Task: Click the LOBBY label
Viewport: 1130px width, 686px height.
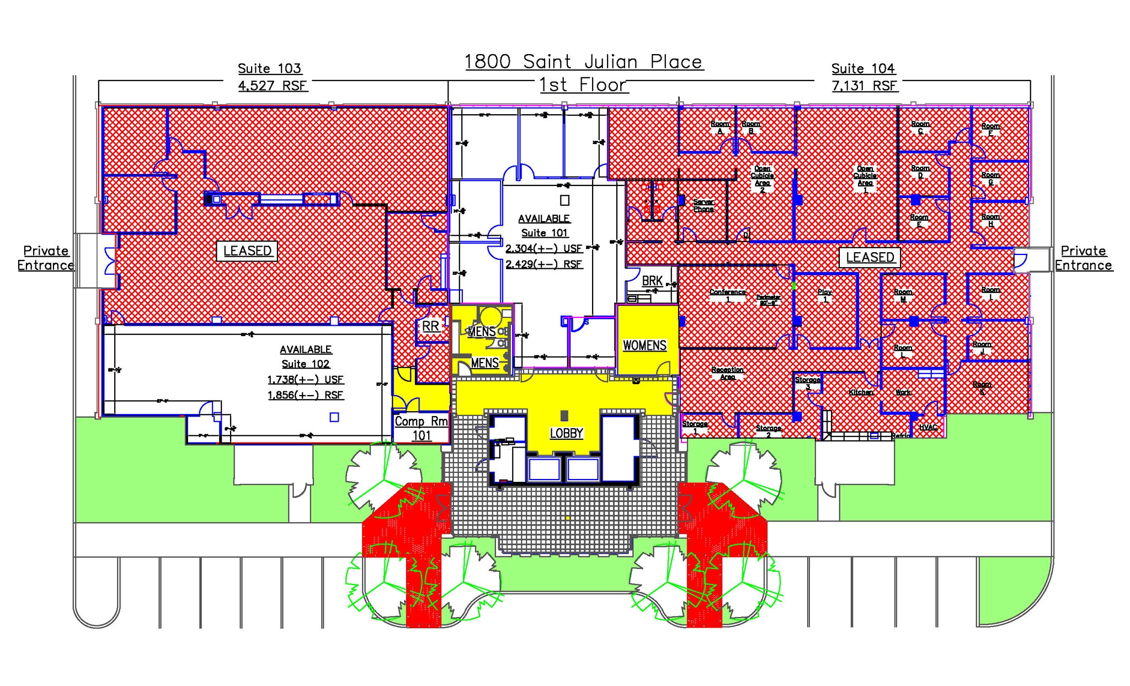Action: [x=566, y=433]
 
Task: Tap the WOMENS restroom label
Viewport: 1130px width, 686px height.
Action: [x=644, y=345]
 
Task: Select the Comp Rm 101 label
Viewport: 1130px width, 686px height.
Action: [x=422, y=428]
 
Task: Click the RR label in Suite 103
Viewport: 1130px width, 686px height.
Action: [x=430, y=326]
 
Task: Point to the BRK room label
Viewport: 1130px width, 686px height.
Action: [x=652, y=281]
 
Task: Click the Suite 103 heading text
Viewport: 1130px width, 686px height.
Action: [x=269, y=68]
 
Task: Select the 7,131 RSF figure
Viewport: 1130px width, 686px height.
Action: [x=865, y=86]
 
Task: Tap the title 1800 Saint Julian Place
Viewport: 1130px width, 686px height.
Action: [x=584, y=61]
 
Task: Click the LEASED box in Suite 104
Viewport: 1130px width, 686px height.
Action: [x=870, y=257]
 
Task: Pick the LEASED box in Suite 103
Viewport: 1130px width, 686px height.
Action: [x=247, y=251]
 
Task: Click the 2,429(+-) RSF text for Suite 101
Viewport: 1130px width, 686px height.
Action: [x=544, y=264]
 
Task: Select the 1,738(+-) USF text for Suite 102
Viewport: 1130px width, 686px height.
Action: [x=305, y=380]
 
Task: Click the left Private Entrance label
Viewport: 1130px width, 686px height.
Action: [x=46, y=258]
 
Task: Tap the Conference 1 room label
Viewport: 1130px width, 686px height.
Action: [x=727, y=295]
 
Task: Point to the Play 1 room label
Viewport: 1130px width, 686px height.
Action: [x=825, y=295]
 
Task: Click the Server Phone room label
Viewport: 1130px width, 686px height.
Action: [x=703, y=205]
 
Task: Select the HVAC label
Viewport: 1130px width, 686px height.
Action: [x=928, y=427]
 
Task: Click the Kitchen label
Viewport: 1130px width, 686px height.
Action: [x=861, y=392]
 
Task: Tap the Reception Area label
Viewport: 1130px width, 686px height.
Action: [x=727, y=373]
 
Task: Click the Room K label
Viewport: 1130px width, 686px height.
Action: [x=982, y=387]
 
